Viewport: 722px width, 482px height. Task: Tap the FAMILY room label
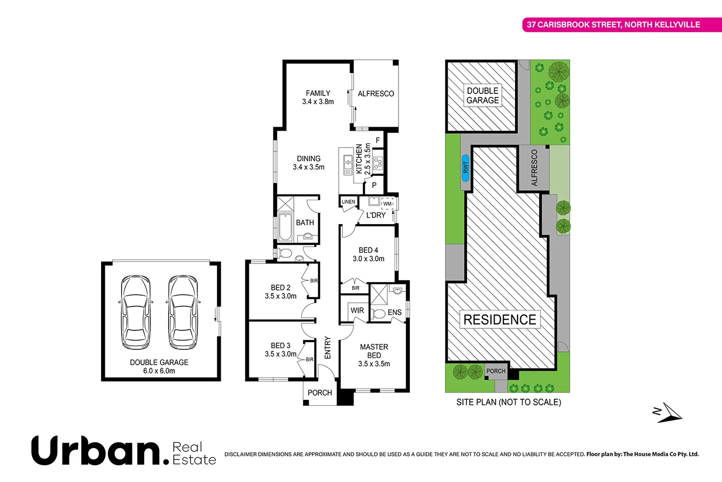point(318,93)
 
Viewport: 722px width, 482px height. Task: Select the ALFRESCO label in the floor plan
point(376,94)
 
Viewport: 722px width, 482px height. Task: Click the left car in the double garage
point(135,312)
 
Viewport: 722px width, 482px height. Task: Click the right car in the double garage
point(182,312)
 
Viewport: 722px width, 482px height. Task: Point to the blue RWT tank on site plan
point(465,167)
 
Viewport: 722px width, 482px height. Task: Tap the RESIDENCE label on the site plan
point(499,320)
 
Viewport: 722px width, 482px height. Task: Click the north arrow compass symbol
point(667,413)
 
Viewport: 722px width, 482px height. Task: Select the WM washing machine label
point(387,204)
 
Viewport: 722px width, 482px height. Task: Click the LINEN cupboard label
point(348,202)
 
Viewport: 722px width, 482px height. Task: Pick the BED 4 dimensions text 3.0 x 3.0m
point(368,259)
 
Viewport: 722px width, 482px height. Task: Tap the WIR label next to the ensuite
point(357,310)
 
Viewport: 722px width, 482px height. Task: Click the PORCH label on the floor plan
point(320,393)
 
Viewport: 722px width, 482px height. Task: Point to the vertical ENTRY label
point(328,348)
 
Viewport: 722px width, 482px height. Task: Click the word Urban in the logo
point(96,450)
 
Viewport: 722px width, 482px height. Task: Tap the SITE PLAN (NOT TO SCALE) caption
point(508,402)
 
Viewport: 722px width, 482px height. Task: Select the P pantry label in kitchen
point(374,186)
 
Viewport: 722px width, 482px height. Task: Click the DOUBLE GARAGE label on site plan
point(482,95)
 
